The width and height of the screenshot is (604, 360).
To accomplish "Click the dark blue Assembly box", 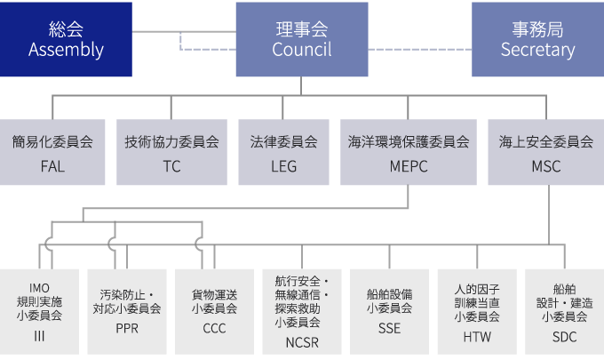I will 66,39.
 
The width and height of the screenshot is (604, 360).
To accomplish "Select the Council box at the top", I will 302,39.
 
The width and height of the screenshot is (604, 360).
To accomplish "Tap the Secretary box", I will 537,39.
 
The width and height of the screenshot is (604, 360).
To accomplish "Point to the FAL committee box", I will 52,152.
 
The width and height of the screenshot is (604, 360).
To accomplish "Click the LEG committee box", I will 283,152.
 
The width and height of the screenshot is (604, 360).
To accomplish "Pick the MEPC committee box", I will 409,152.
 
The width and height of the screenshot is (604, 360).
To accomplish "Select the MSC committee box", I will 545,152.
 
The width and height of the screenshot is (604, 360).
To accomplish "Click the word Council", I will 302,50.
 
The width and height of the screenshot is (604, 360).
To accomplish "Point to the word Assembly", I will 66,50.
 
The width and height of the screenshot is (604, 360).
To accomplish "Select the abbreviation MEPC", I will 409,166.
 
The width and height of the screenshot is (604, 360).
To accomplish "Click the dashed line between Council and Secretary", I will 419,48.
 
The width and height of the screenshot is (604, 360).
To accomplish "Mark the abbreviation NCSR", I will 302,342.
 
